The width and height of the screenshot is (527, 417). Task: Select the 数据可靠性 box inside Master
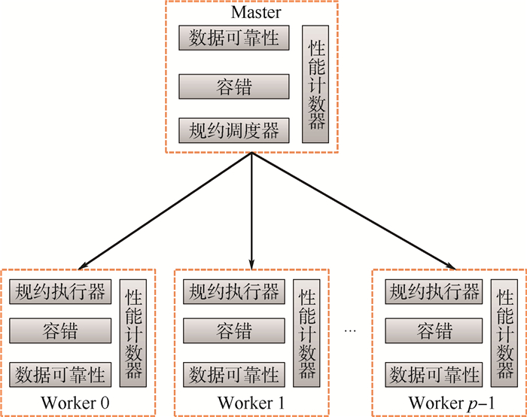234,38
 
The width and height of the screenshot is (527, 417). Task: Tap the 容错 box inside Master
234,87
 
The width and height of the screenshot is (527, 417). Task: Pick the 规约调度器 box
234,130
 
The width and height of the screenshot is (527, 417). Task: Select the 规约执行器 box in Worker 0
60,291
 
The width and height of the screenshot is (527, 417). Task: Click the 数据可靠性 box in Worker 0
60,373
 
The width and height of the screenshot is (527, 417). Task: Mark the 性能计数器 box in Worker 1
307,332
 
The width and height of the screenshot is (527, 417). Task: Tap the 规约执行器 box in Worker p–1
433,291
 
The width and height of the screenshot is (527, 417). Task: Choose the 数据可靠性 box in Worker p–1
433,373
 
